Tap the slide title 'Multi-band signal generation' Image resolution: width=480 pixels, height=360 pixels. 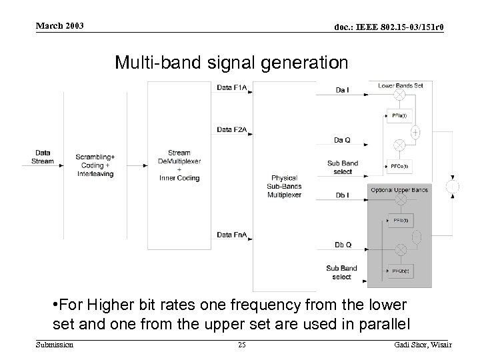tap(231, 63)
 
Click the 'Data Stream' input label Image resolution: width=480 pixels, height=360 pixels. tap(43, 157)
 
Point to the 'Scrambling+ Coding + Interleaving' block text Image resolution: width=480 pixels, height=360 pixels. tap(95, 165)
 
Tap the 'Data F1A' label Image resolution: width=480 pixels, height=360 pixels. tap(232, 87)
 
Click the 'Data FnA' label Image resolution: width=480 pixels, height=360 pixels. tap(232, 234)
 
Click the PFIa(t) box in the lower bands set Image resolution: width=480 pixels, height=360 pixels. tap(400, 115)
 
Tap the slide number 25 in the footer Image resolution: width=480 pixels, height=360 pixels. tap(241, 344)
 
